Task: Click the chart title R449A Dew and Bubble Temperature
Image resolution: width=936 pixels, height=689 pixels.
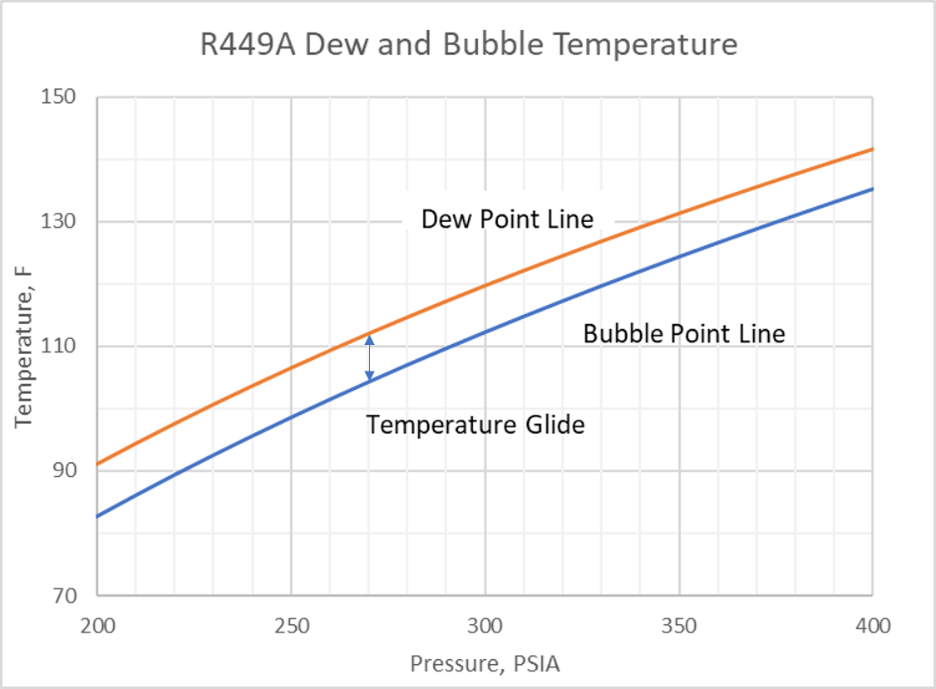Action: coord(469,44)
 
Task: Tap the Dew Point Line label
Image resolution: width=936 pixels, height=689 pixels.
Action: coord(507,219)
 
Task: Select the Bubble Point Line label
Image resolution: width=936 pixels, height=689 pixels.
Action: coord(683,334)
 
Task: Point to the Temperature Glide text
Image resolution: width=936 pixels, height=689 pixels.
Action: coord(475,426)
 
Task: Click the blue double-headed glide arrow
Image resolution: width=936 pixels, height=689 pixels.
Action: coord(370,358)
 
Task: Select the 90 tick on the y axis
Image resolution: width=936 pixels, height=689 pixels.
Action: coord(62,471)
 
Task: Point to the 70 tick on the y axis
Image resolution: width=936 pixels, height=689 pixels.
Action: coord(62,596)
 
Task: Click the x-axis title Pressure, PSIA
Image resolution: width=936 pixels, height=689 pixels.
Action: coord(485,665)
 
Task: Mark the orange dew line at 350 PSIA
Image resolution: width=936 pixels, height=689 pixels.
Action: coord(678,214)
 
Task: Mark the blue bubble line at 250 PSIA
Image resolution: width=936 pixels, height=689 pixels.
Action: coord(291,416)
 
